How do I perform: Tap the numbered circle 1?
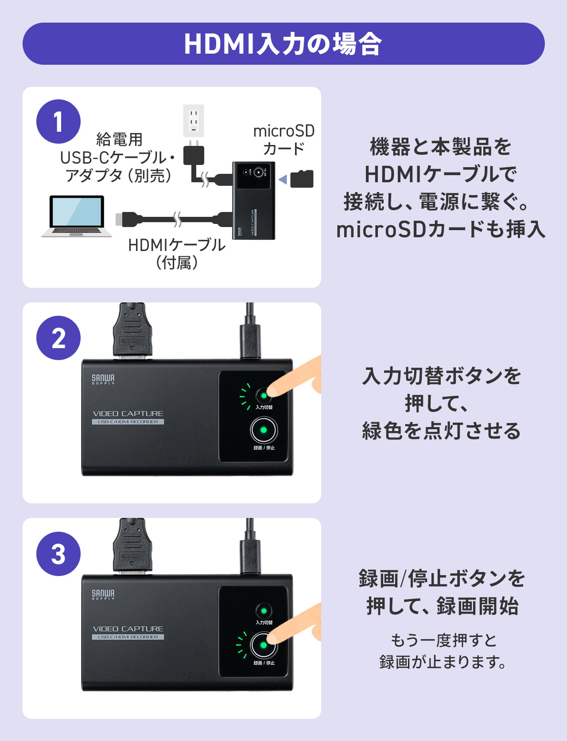click(x=58, y=122)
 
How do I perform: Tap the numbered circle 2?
click(x=58, y=338)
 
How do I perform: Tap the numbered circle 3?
click(x=58, y=554)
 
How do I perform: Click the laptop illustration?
click(x=77, y=216)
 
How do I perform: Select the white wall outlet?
click(x=194, y=121)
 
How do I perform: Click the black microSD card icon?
click(x=302, y=179)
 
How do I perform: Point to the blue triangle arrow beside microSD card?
click(x=283, y=180)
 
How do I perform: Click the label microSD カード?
click(x=283, y=140)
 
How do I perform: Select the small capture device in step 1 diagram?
click(x=254, y=200)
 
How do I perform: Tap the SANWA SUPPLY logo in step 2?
click(x=103, y=379)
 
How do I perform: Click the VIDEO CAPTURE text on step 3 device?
click(x=128, y=629)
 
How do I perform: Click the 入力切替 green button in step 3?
click(x=264, y=611)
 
